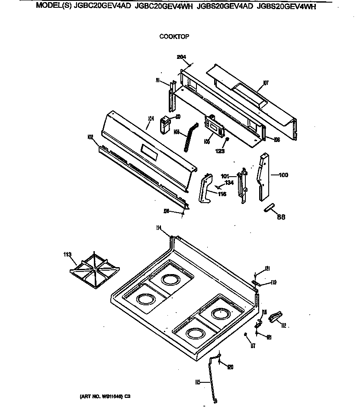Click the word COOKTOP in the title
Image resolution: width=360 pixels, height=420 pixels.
(x=174, y=37)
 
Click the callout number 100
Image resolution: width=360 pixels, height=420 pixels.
(x=283, y=175)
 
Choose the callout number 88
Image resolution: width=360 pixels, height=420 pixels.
(x=281, y=217)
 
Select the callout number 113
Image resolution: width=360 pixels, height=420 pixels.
(x=67, y=255)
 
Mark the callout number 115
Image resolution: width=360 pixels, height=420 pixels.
(x=198, y=382)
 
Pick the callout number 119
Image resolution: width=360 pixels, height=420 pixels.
(x=273, y=283)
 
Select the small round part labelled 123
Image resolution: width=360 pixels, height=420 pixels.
(x=227, y=139)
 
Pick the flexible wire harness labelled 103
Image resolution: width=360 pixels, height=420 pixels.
(x=190, y=136)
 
